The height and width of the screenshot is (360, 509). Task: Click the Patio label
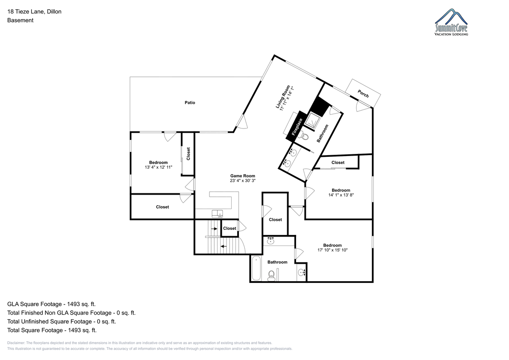coord(190,103)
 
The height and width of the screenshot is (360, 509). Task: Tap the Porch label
coord(363,94)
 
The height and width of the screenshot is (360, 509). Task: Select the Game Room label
coord(243,176)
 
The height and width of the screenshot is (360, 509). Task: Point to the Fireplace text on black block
coord(297,127)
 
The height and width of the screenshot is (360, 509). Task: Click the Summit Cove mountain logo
coord(451,22)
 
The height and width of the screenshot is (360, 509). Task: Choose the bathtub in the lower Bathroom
coord(256,268)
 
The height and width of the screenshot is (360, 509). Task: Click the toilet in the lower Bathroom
coord(271,276)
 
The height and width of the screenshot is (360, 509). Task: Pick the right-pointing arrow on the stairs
coord(214,229)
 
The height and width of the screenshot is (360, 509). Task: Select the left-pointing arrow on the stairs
coord(224,246)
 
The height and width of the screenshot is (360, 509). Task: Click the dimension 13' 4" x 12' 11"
coord(158,167)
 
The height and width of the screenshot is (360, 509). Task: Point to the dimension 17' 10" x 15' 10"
coord(333,250)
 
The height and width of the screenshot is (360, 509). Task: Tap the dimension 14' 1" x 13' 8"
coord(341,195)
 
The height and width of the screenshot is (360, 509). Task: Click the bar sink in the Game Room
coord(217,214)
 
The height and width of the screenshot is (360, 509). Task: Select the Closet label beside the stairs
coord(229,229)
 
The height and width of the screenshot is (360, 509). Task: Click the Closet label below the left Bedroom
coord(162,207)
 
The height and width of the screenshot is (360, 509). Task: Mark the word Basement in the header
coord(20,20)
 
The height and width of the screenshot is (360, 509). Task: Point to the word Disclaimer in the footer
coord(16,343)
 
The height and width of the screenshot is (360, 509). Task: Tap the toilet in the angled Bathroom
coord(304,136)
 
